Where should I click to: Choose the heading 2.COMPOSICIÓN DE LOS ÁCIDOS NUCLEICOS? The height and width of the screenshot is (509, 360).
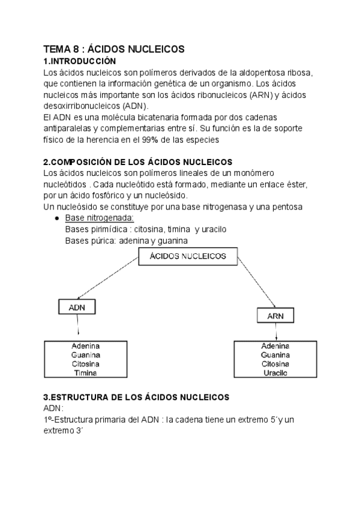138,162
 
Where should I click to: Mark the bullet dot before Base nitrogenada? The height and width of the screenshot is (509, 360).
56,218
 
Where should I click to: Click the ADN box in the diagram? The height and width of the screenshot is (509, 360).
77,307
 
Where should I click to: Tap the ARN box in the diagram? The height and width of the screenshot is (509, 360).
275,315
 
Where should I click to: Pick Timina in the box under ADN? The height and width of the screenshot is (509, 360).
85,373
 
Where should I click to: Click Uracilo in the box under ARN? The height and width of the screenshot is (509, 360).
275,373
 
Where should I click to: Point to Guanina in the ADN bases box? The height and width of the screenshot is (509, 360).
85,355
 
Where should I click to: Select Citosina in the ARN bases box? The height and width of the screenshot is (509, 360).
275,364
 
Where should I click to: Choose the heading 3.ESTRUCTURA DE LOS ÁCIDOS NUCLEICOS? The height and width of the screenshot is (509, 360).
136,397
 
